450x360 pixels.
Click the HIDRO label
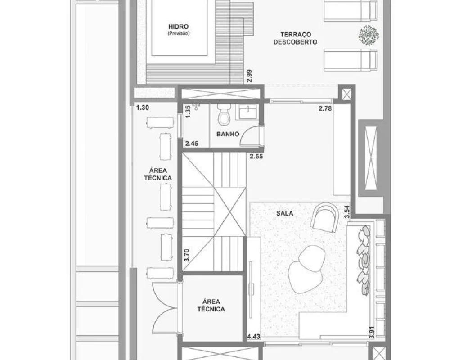click(179, 27)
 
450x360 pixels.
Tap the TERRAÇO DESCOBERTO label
click(295, 38)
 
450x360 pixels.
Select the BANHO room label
click(228, 134)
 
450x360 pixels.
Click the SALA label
click(285, 213)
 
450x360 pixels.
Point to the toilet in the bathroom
click(224, 115)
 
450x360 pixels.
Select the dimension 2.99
click(249, 76)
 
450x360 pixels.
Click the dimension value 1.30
click(143, 108)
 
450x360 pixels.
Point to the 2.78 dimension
click(325, 108)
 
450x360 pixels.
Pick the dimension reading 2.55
click(256, 157)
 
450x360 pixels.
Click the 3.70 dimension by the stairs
click(187, 255)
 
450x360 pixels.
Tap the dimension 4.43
click(254, 336)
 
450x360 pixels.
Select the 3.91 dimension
click(372, 332)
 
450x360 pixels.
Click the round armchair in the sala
click(325, 218)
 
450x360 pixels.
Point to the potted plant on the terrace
click(369, 36)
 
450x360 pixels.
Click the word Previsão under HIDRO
click(179, 33)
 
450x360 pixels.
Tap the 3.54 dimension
click(347, 211)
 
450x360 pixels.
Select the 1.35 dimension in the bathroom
click(188, 112)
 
